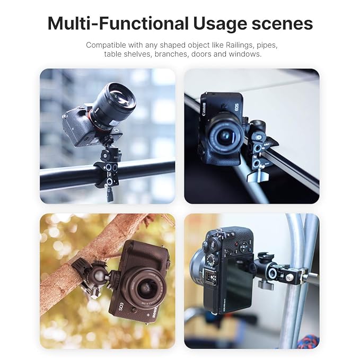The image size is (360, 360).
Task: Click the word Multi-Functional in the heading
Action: [x=118, y=24]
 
